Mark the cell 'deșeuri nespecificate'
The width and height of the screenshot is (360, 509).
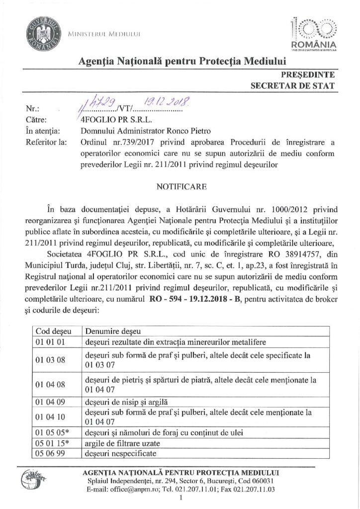(x=120, y=454)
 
